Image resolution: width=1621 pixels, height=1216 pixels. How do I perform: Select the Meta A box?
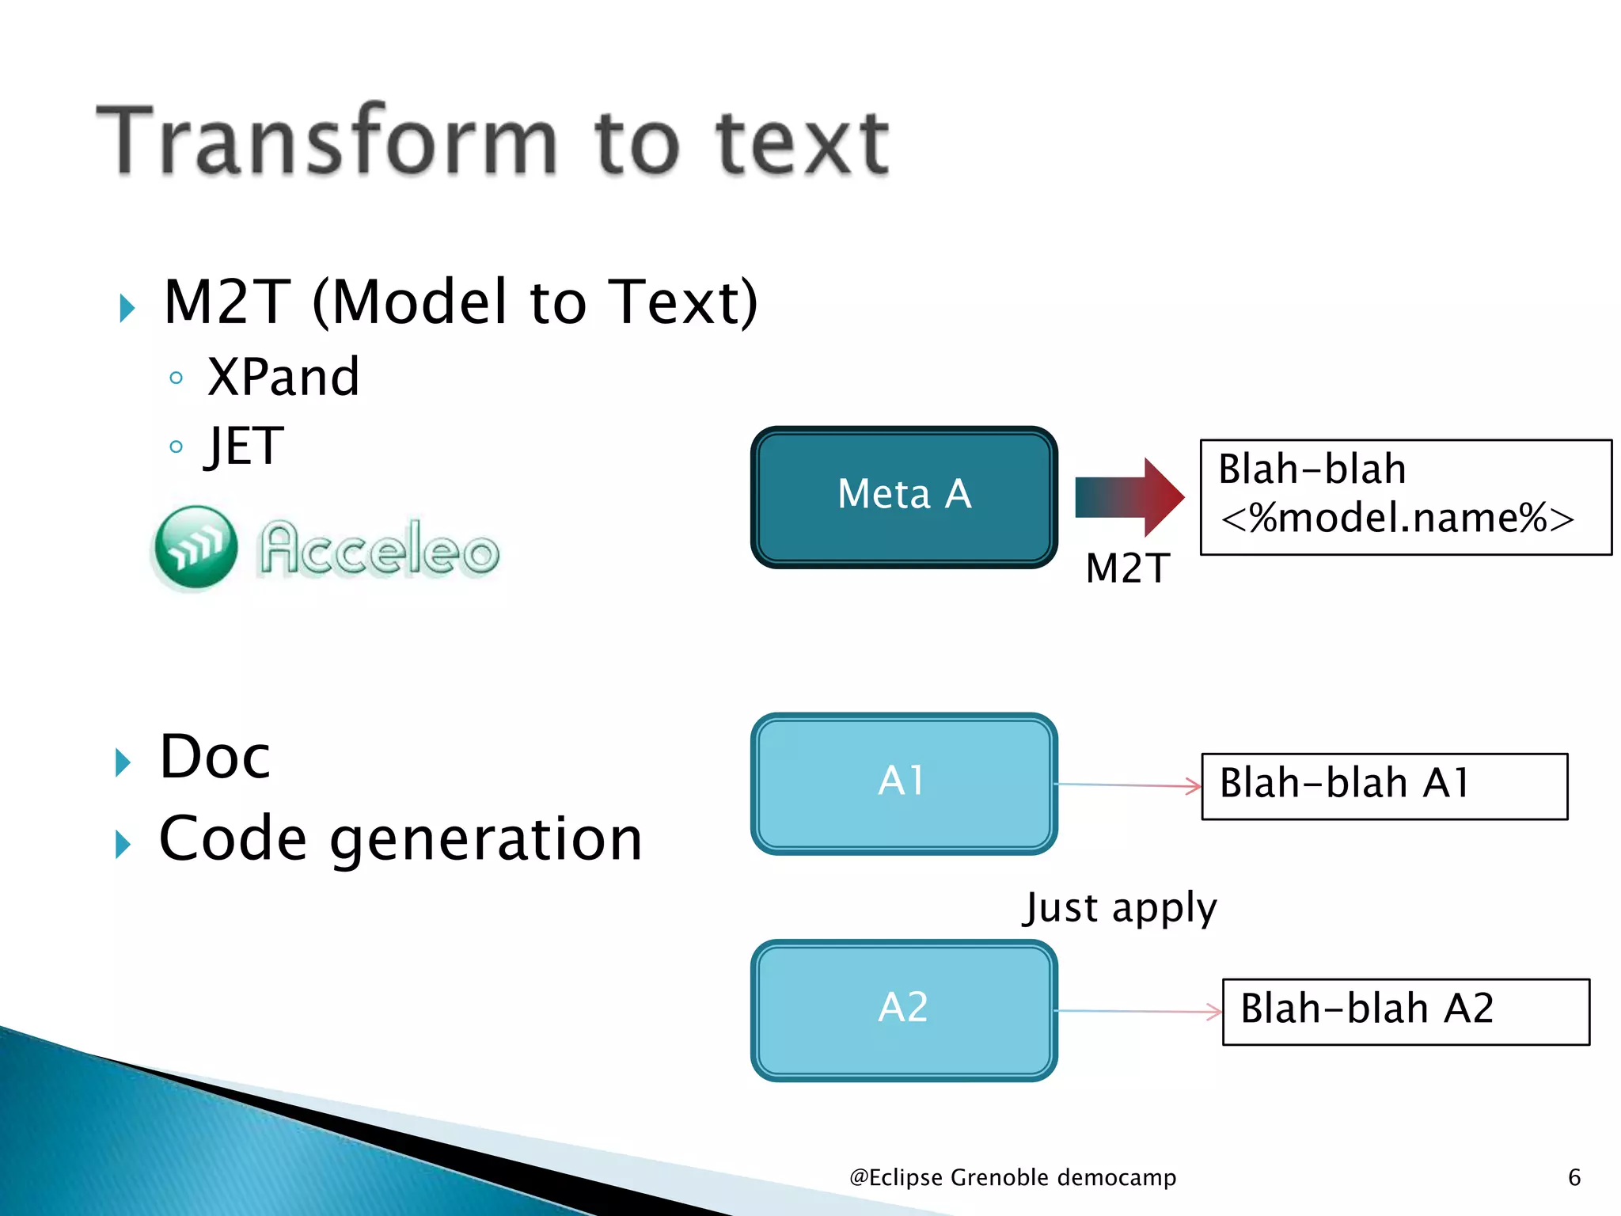point(904,496)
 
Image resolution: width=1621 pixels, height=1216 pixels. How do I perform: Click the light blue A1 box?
point(904,783)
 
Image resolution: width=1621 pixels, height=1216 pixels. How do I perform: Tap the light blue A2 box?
point(904,1009)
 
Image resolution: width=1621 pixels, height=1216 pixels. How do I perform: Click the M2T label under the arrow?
point(1128,568)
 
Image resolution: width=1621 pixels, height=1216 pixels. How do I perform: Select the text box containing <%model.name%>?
point(1405,497)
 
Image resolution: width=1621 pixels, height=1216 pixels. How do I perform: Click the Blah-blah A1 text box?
point(1384,785)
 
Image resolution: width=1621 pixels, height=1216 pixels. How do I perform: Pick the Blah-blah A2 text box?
point(1405,1011)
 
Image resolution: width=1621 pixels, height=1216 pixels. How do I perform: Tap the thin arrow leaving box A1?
point(1128,785)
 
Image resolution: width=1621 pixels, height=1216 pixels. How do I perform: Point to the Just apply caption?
point(1119,908)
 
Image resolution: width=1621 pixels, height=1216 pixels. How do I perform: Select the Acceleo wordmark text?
point(380,548)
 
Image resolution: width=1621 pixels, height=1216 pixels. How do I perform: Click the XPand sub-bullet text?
point(283,377)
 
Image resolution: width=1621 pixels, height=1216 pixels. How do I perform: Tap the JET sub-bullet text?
point(245,446)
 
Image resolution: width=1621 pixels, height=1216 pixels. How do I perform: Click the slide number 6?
point(1574,1177)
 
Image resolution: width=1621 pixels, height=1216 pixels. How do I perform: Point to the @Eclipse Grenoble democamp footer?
point(1012,1177)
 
